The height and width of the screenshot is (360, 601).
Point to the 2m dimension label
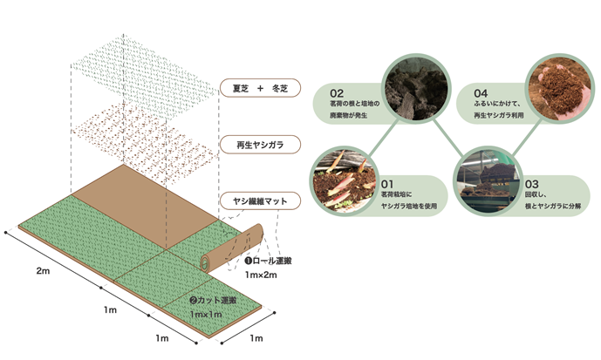click(x=43, y=271)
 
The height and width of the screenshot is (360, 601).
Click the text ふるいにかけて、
click(x=501, y=105)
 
